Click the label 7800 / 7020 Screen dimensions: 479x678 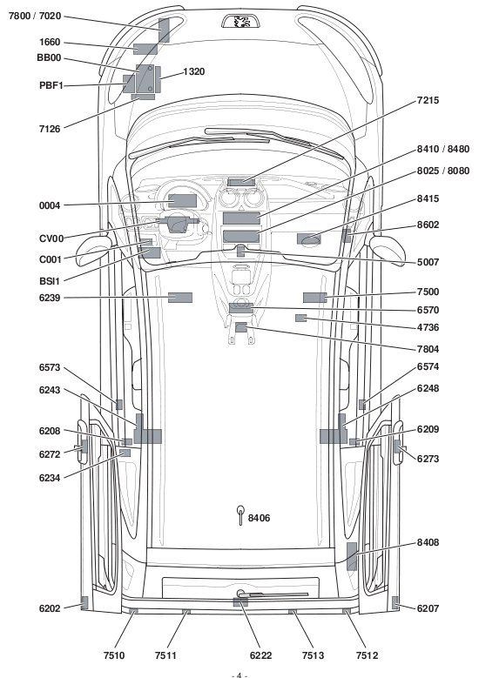tap(35, 17)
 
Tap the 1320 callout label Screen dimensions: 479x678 tap(194, 71)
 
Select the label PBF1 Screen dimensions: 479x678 tap(51, 85)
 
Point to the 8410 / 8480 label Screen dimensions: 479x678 tap(443, 149)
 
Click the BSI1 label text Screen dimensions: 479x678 tap(50, 281)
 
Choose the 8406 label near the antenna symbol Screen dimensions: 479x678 tap(259, 518)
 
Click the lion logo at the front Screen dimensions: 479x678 tap(240, 22)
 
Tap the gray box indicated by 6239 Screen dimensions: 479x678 tap(180, 298)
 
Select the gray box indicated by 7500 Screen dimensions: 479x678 tap(314, 298)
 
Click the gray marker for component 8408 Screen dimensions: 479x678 tap(352, 556)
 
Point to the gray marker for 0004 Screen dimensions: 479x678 tap(182, 201)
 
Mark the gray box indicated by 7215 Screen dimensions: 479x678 tap(241, 183)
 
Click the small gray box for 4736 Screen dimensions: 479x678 tap(300, 319)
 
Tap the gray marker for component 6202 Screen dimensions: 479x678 tap(84, 603)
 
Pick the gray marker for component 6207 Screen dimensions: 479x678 tap(395, 602)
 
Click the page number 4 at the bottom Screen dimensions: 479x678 tap(239, 675)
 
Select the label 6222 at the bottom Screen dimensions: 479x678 tap(261, 655)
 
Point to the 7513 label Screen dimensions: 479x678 tap(313, 655)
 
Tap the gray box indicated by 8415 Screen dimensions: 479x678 tap(308, 238)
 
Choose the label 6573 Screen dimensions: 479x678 tap(50, 367)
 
